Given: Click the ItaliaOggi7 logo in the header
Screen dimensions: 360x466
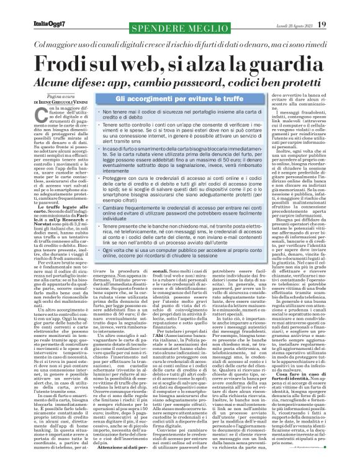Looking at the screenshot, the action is click(x=29, y=7).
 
